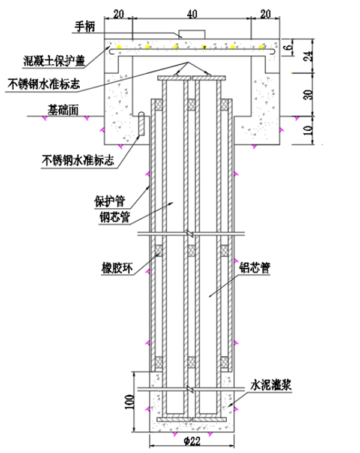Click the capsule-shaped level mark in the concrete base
click(142, 125)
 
